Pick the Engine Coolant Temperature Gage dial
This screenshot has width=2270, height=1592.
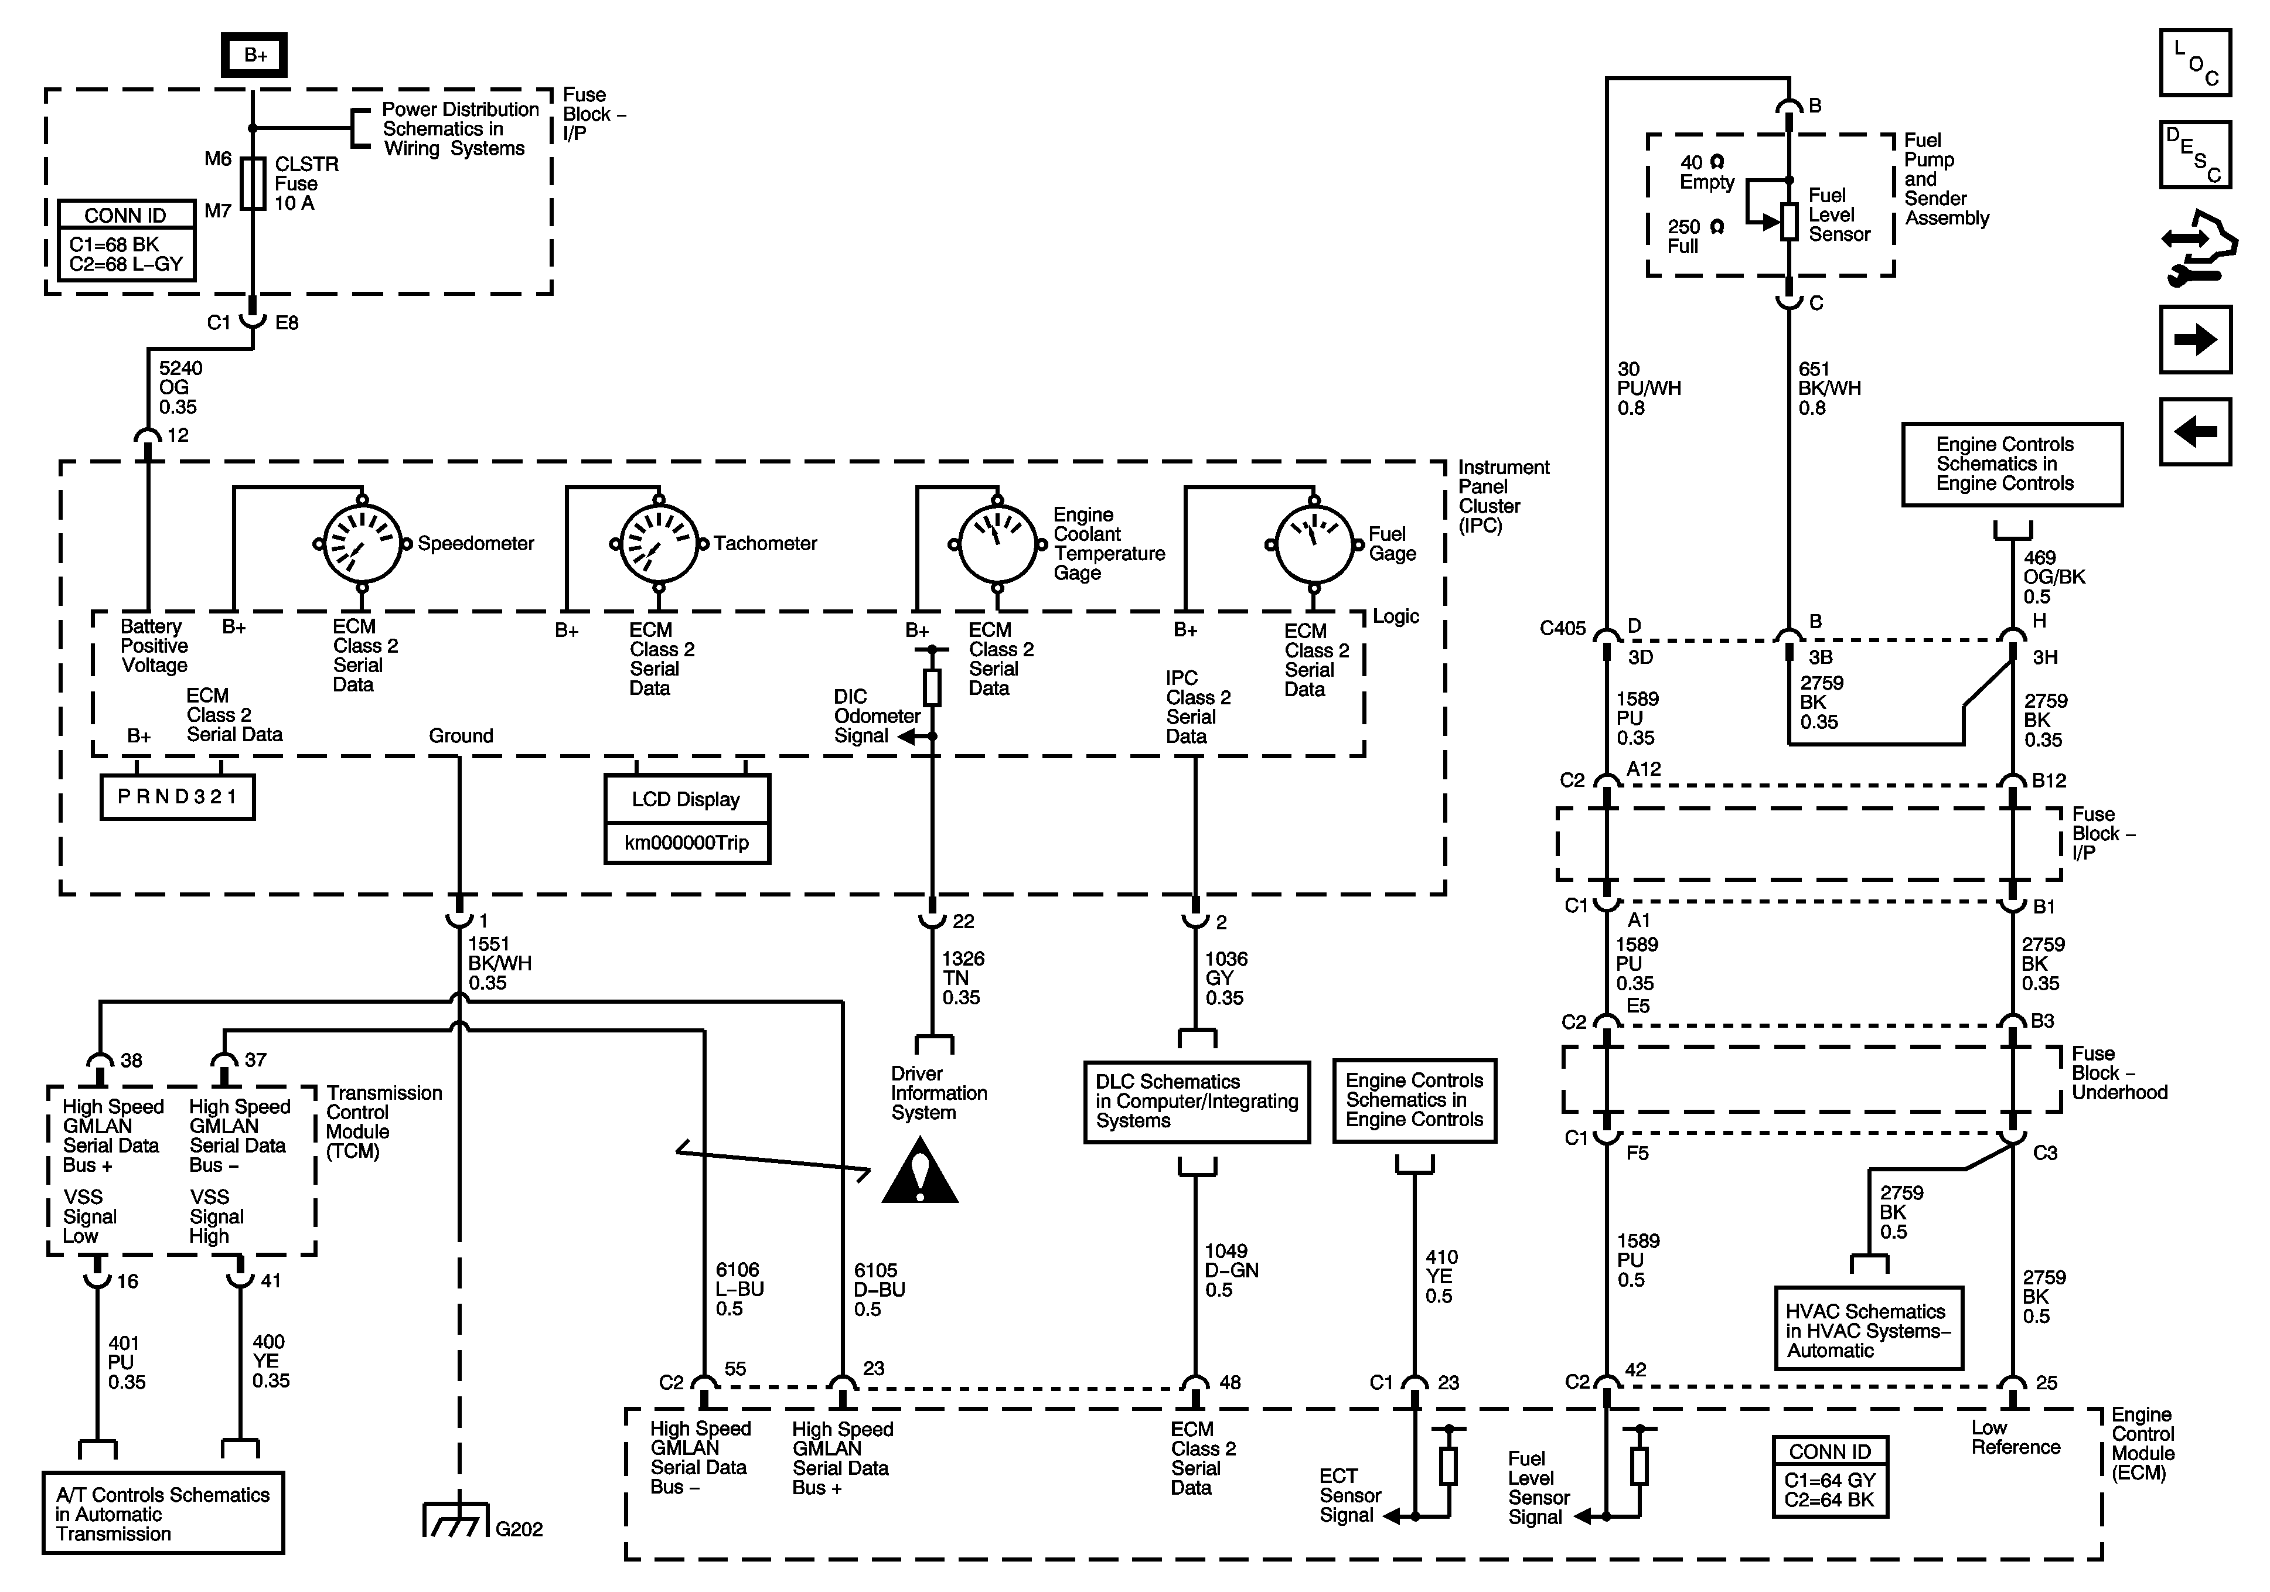click(x=997, y=544)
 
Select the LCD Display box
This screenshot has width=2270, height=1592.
click(x=687, y=799)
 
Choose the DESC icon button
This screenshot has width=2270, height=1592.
click(x=2196, y=154)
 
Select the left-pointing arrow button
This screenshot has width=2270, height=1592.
click(x=2196, y=431)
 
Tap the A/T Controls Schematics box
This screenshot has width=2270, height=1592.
click(x=163, y=1513)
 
